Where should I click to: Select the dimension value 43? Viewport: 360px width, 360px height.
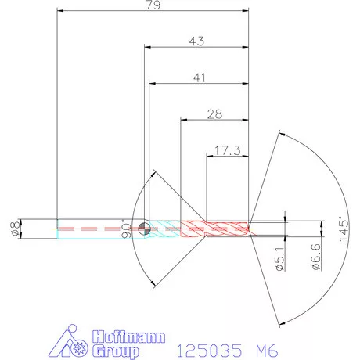click(x=196, y=41)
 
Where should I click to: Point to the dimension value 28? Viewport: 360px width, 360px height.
click(x=214, y=114)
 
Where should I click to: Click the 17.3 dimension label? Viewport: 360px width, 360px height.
click(x=226, y=149)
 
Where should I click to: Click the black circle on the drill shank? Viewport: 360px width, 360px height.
click(x=144, y=229)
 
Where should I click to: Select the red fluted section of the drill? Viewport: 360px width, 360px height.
click(x=215, y=229)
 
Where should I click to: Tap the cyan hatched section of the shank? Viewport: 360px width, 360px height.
click(x=164, y=229)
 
